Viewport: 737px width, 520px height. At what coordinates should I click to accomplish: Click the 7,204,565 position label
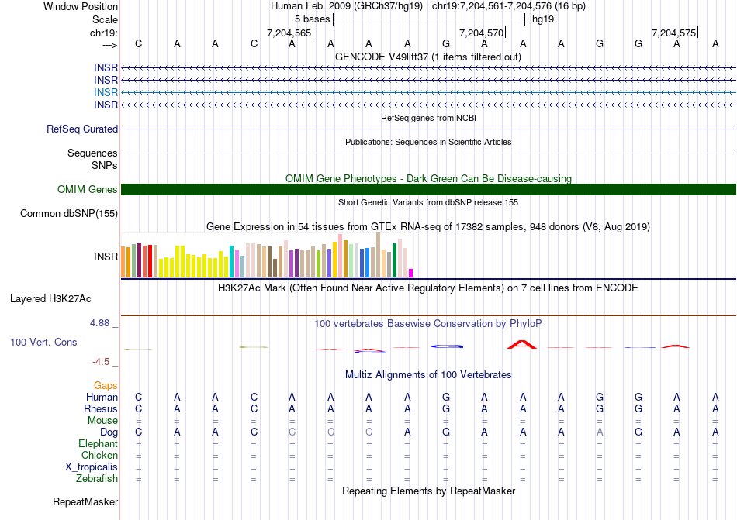(x=289, y=33)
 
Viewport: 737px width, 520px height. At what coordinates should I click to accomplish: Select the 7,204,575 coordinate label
(x=674, y=33)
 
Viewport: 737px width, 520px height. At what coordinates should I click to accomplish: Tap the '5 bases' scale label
(x=312, y=19)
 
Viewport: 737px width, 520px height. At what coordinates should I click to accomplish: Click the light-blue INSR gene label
(x=106, y=92)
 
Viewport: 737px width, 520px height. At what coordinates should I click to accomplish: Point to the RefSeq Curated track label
(x=82, y=129)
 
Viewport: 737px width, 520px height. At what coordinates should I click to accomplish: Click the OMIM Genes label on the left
(x=88, y=190)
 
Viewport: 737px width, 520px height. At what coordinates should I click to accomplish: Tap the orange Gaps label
(x=106, y=385)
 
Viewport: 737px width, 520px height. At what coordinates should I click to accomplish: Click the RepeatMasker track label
(x=85, y=502)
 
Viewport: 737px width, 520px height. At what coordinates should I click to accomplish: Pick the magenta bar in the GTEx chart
(x=411, y=273)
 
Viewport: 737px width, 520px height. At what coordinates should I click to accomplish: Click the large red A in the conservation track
(x=521, y=343)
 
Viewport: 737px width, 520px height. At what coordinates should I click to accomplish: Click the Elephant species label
(x=98, y=444)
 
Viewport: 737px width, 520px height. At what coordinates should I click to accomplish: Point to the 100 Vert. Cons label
(x=43, y=342)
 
